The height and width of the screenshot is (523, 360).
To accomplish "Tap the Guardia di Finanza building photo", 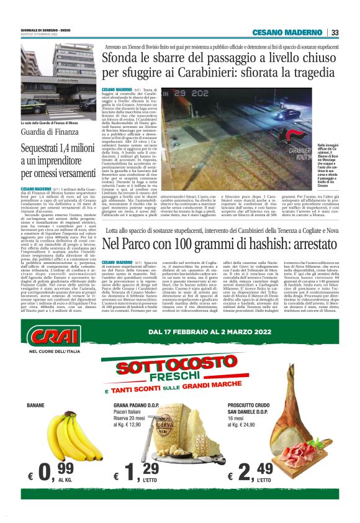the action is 58,81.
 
